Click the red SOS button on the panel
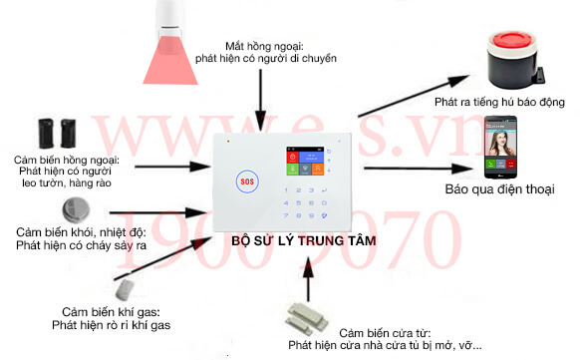coord(247,181)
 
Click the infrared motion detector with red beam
coord(173,40)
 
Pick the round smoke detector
coord(76,210)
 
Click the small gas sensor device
coord(126,289)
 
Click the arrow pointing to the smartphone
coord(419,169)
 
